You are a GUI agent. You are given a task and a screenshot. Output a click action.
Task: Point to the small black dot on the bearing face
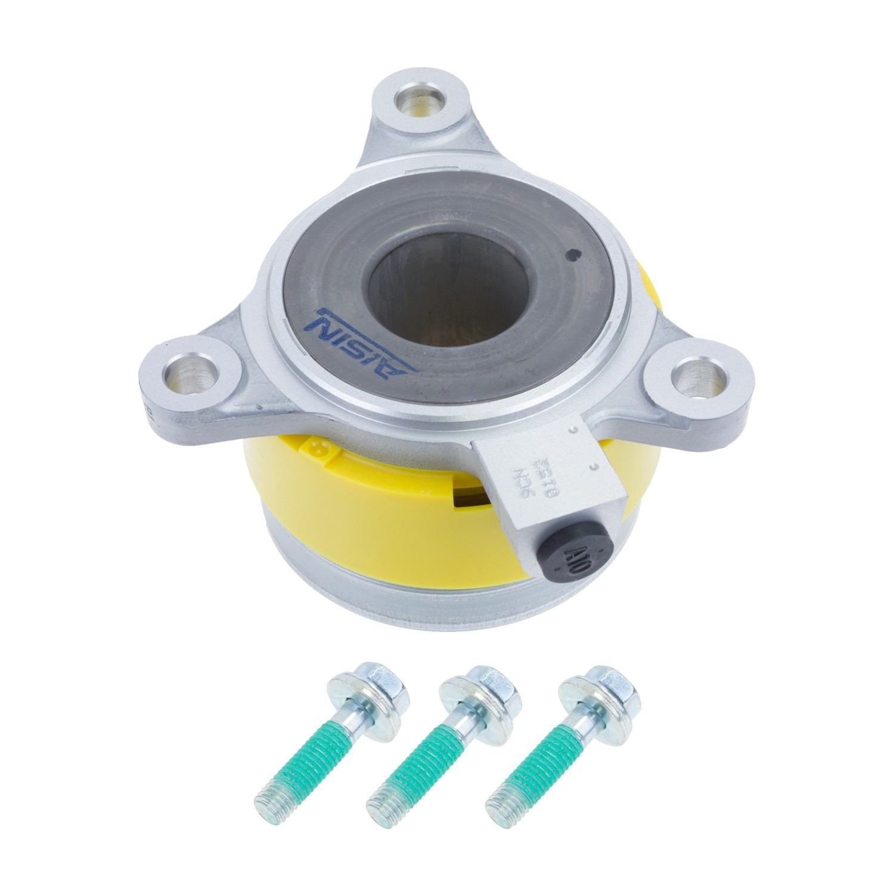tap(574, 253)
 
